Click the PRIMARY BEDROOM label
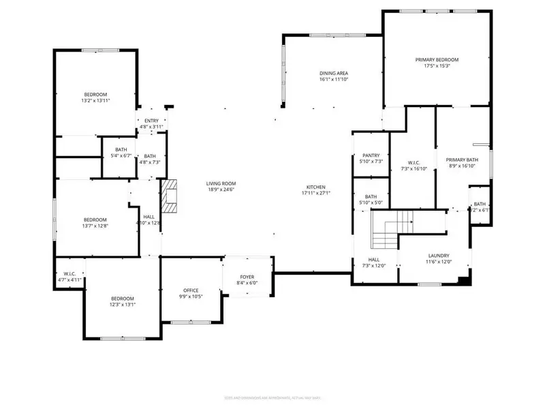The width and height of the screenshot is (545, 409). point(437,60)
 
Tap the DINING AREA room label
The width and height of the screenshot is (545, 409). point(333,73)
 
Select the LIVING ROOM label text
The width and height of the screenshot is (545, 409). point(221,183)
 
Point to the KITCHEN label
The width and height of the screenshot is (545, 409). point(315,187)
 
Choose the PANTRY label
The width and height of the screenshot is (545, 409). point(371,155)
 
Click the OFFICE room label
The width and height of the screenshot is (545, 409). point(191,290)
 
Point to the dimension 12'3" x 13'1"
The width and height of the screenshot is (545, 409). point(123,305)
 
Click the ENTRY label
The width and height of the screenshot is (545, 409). point(151,121)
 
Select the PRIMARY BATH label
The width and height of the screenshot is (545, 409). point(461,160)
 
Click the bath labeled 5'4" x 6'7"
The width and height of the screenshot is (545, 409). point(121,156)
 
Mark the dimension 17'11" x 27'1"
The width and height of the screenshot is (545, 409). point(315,193)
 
